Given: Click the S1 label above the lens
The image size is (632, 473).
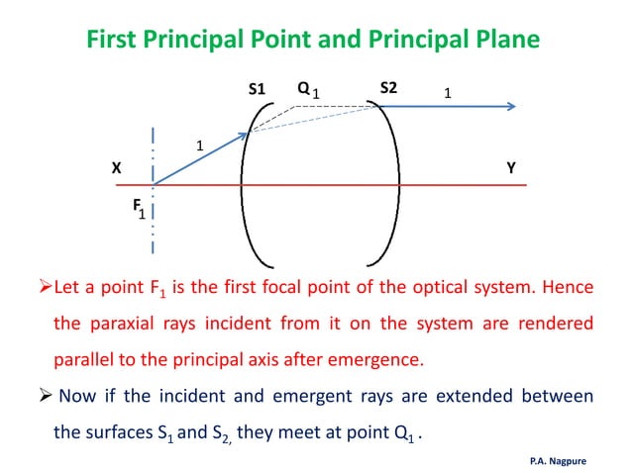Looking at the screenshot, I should (x=258, y=90).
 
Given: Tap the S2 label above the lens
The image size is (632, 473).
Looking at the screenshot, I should (x=388, y=88).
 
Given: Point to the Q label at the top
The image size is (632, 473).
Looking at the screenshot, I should (x=303, y=88).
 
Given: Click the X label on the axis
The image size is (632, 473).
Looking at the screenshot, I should (x=116, y=169).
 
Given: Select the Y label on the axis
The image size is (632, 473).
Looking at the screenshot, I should (x=510, y=168).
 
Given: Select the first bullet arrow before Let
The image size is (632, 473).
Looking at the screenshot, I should (x=31, y=289).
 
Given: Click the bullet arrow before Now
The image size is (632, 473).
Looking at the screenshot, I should (x=32, y=396).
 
